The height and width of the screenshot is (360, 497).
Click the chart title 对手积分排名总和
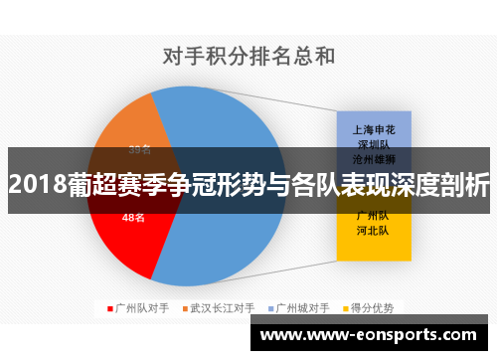248,56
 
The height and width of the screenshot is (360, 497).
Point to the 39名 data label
139,150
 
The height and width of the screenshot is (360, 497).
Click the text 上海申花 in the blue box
373,129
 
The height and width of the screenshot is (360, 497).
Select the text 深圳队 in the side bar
373,143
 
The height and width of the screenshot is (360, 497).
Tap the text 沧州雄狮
373,158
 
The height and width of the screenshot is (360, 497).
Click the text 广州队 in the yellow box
373,216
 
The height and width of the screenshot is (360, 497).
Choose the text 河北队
373,230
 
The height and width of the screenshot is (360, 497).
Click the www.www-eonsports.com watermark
372,336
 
